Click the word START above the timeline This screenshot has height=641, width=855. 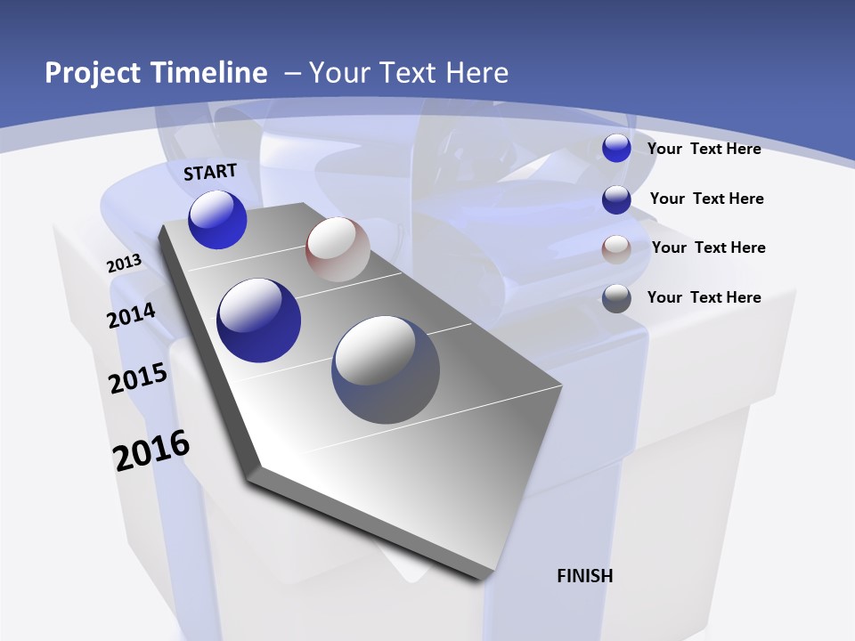point(210,172)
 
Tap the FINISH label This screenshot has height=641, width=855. point(585,576)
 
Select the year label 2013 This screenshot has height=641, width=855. point(125,263)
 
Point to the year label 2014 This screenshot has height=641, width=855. point(132,315)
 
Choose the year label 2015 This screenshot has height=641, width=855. point(138,378)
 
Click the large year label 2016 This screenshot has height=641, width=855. point(151,450)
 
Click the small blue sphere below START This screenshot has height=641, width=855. point(217,220)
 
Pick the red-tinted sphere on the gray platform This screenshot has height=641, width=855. point(338,249)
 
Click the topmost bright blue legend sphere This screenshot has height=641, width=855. point(616,149)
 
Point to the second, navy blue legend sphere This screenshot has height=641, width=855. point(616,199)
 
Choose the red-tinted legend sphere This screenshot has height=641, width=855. point(616,249)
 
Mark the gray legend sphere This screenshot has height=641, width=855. point(616,298)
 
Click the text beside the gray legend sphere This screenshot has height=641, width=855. point(704,297)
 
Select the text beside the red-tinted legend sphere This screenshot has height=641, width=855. point(708,247)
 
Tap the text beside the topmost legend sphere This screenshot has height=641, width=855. point(704,149)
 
